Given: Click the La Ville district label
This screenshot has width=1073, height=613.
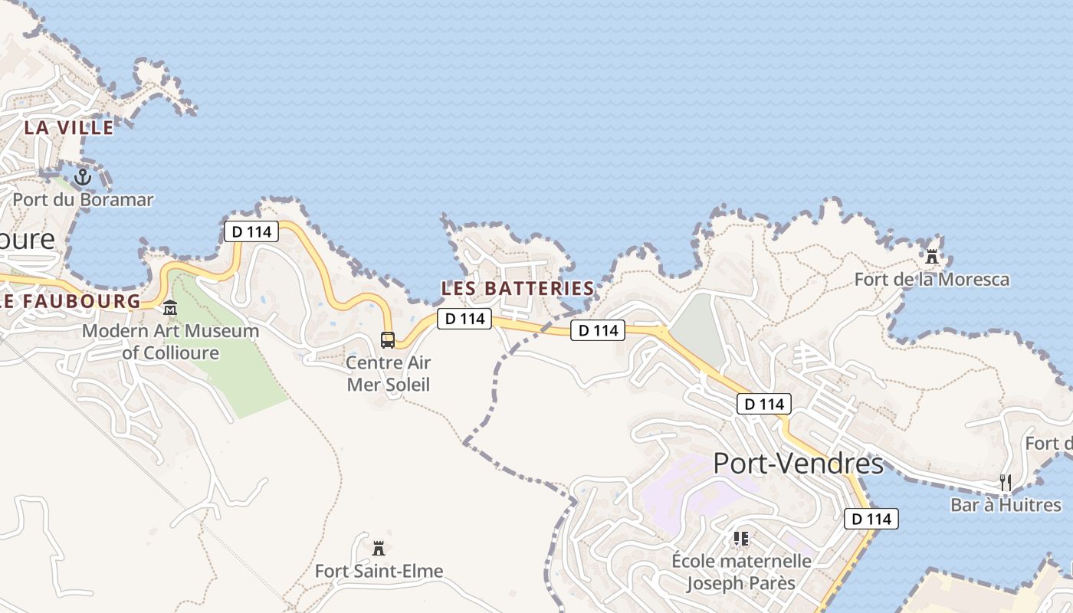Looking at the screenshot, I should click(x=69, y=127).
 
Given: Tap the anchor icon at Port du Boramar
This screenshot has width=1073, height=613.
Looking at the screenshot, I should click(x=82, y=178).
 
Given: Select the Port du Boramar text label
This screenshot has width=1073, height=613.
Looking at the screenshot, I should click(x=83, y=200).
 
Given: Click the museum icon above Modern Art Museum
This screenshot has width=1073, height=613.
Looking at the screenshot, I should click(x=169, y=309).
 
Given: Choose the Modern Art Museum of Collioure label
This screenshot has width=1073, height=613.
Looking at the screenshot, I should click(x=170, y=343).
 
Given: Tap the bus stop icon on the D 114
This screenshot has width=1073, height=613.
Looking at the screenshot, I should click(x=388, y=339).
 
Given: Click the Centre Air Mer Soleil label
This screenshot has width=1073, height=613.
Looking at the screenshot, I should click(x=389, y=373).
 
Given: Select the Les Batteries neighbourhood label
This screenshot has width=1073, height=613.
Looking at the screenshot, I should click(x=517, y=289).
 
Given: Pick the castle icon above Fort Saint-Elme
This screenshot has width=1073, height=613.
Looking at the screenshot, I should click(x=378, y=549).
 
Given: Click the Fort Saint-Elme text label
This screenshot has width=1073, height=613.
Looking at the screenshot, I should click(x=379, y=572).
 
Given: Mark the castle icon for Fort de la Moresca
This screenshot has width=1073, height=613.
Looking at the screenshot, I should click(x=932, y=256).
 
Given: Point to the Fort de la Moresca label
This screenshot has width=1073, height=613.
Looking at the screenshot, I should click(x=932, y=279).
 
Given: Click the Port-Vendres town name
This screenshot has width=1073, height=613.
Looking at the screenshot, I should click(x=798, y=464).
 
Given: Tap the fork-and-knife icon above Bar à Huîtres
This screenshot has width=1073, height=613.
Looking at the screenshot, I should click(x=1006, y=482).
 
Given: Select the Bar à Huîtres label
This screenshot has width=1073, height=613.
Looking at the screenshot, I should click(x=1006, y=505).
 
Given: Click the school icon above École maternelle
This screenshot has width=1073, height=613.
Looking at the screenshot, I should click(x=741, y=539).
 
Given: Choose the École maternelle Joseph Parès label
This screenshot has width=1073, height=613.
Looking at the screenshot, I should click(x=741, y=572).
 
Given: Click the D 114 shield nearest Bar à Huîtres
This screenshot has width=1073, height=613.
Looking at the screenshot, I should click(x=871, y=519).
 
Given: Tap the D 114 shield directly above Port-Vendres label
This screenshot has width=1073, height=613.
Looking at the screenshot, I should click(x=763, y=404).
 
